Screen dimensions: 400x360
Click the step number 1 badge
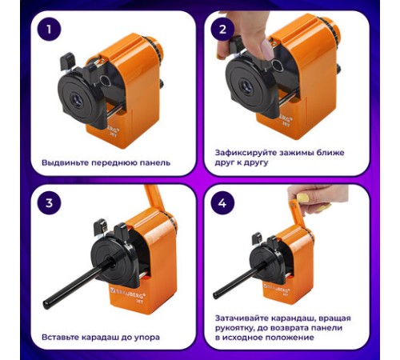[49, 29]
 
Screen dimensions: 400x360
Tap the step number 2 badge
[222, 29]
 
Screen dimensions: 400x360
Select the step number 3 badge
[49, 203]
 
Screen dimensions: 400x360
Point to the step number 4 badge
[222, 203]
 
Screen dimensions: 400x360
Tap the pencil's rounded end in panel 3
[46, 304]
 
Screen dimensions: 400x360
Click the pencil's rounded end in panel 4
[216, 295]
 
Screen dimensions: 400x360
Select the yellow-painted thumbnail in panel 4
[303, 198]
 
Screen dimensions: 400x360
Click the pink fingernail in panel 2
[267, 50]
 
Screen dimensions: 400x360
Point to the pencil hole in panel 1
[78, 101]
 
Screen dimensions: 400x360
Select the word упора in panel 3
[147, 338]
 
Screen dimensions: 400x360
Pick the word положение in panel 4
[290, 338]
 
